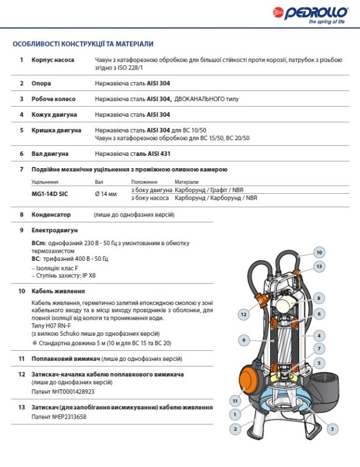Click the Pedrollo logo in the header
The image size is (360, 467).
pyautogui.click(x=310, y=14)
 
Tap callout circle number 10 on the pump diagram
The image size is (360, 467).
pyautogui.click(x=319, y=253)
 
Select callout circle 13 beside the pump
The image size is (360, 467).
pyautogui.click(x=319, y=267)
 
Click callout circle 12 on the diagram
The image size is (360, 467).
pyautogui.click(x=243, y=314)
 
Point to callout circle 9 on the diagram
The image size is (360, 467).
pyautogui.click(x=244, y=340)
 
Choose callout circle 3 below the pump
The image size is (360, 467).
pyautogui.click(x=333, y=429)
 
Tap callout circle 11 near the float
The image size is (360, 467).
pyautogui.click(x=235, y=401)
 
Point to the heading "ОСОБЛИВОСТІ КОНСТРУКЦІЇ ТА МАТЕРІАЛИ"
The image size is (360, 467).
pyautogui.click(x=83, y=44)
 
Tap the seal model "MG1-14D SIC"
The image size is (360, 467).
pyautogui.click(x=50, y=194)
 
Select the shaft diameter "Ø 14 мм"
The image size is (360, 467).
pyautogui.click(x=106, y=194)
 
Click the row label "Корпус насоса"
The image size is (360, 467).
pyautogui.click(x=53, y=60)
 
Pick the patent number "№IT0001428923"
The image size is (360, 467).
pyautogui.click(x=73, y=392)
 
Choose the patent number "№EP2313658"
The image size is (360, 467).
pyautogui.click(x=69, y=417)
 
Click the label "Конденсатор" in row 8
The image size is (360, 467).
pyautogui.click(x=51, y=214)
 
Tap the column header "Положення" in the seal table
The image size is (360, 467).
pyautogui.click(x=144, y=182)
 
